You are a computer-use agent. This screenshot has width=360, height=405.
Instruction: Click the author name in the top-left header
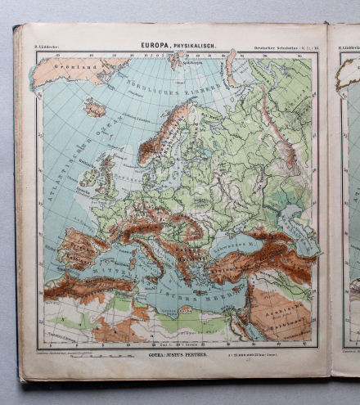(46, 47)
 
